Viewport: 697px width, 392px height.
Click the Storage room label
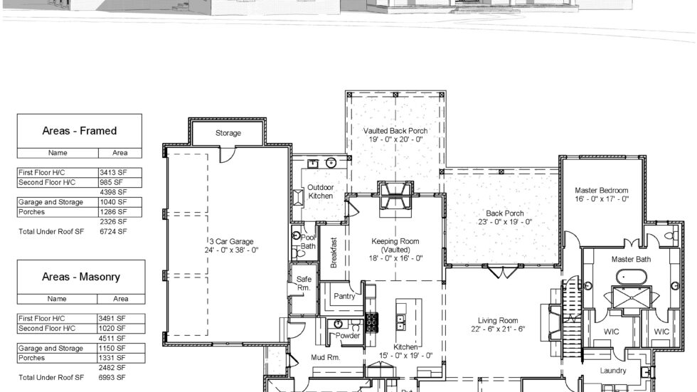tap(228, 133)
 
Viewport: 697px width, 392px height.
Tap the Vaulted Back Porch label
tap(395, 131)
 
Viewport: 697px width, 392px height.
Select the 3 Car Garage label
tap(232, 241)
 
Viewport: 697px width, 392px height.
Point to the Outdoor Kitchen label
tap(321, 191)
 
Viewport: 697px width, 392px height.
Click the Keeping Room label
tap(395, 241)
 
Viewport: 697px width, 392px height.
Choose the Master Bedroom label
tap(602, 190)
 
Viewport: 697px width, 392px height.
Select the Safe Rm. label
tap(304, 283)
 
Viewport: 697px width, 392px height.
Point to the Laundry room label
tap(612, 371)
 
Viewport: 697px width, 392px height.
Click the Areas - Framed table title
tap(80, 131)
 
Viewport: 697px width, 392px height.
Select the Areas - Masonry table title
tap(80, 277)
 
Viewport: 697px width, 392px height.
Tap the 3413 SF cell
tap(112, 172)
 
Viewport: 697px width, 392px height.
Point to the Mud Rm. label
tap(325, 358)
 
